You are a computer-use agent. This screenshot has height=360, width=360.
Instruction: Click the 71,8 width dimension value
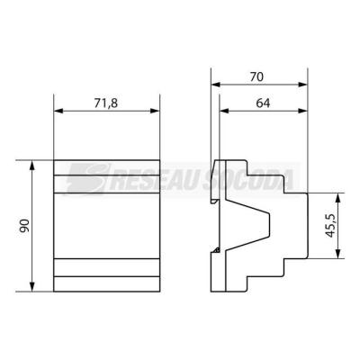106,103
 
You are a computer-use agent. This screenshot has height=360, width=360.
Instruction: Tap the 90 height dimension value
24,226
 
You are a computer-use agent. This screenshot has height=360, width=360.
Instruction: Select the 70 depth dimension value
256,77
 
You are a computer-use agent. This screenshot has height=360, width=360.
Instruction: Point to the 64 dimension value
263,103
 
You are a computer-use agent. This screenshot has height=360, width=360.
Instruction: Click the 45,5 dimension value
330,226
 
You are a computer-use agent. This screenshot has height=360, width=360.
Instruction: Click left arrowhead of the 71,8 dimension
58,111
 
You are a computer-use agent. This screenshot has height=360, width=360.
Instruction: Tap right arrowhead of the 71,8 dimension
155,111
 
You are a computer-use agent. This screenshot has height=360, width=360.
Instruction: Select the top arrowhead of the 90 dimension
32,165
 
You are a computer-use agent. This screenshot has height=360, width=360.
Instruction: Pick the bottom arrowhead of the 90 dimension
32,287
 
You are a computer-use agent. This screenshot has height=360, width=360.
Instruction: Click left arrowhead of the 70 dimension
216,85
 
